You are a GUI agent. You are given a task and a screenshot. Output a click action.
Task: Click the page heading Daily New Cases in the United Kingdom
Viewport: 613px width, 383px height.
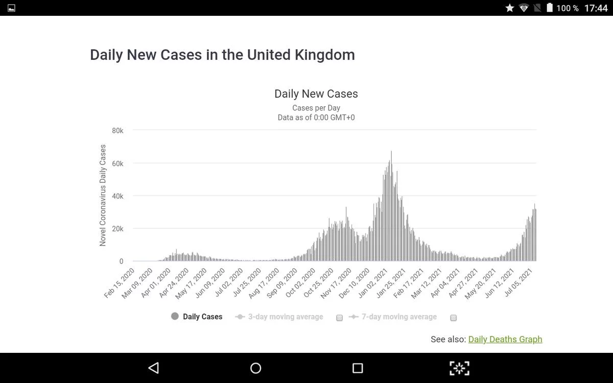coord(222,55)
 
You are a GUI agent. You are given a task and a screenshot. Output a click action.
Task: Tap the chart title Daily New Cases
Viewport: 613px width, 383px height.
coord(316,94)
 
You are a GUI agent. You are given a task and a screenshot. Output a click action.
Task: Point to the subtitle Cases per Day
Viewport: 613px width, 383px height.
coord(316,108)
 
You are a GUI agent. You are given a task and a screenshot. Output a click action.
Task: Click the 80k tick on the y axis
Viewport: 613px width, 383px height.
coord(117,131)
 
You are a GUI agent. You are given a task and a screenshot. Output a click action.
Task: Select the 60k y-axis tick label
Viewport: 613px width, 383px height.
coord(117,163)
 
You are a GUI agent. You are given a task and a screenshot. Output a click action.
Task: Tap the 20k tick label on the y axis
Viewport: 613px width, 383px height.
coord(117,229)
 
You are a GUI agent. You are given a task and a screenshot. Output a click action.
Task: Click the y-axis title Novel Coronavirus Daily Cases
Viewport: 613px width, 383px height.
coord(103,195)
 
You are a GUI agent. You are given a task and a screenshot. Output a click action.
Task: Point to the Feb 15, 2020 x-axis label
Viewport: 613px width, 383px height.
coord(120,283)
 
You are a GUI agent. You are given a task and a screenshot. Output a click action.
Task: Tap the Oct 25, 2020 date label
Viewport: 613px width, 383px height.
coord(319,283)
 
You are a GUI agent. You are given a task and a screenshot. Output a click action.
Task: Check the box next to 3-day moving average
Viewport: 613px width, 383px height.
coord(339,318)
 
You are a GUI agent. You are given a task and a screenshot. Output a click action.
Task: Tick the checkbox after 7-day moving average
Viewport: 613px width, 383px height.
coord(453,318)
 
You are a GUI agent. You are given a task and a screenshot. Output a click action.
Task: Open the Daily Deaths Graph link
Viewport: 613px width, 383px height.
coord(505,339)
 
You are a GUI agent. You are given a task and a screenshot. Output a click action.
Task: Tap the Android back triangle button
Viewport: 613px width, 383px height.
coord(153,368)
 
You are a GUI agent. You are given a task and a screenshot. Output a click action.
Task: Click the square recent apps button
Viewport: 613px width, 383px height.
coord(358,368)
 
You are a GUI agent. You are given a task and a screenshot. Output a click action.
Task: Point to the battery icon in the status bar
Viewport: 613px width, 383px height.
coord(550,8)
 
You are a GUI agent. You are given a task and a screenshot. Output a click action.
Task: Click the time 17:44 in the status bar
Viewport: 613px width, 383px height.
coord(596,8)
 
